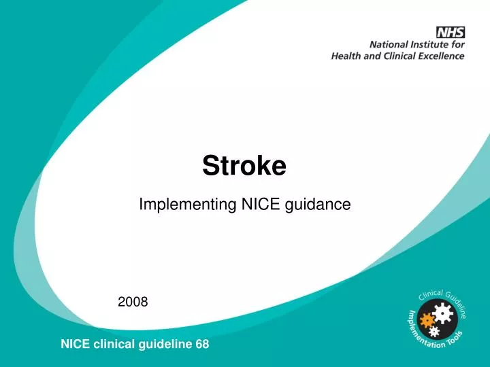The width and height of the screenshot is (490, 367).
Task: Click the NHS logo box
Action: [x=451, y=31]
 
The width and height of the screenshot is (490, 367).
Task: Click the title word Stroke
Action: [x=244, y=165]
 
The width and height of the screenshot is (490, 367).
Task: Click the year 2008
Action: [x=133, y=301]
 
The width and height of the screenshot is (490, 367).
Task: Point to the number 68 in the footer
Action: [x=202, y=345]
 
